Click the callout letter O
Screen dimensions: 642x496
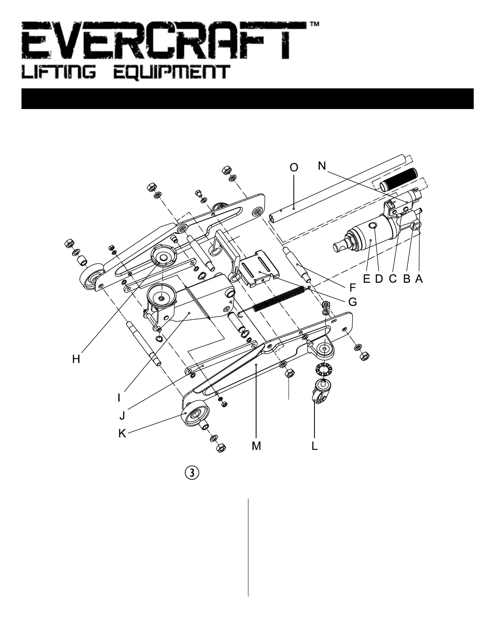coord(294,167)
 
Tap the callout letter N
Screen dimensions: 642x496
coord(322,166)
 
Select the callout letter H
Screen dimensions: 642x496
coord(76,359)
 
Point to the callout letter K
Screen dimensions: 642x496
coord(122,434)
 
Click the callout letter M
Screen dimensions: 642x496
coord(256,446)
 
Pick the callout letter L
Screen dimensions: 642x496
coord(314,446)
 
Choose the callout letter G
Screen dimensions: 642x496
coord(353,302)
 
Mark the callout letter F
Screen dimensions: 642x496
coord(353,288)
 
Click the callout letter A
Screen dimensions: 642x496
coord(419,279)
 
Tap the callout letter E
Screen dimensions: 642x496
coord(367,279)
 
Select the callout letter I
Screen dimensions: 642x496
coord(119,398)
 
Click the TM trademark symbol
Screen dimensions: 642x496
coord(314,25)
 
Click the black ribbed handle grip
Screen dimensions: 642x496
coord(398,179)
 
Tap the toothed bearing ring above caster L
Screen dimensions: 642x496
coord(325,370)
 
